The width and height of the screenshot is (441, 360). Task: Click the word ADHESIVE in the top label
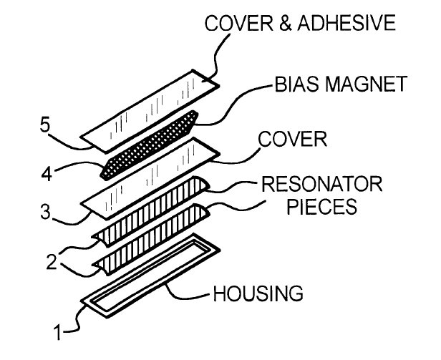pyautogui.click(x=346, y=23)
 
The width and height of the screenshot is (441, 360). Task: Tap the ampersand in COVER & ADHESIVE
pyautogui.click(x=285, y=24)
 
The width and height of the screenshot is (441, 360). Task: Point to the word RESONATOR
pyautogui.click(x=321, y=184)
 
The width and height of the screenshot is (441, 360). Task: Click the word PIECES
pyautogui.click(x=321, y=207)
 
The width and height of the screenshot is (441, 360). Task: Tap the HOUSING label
pyautogui.click(x=258, y=293)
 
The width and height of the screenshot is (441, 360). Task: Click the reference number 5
pyautogui.click(x=45, y=125)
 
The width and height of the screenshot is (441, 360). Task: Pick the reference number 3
pyautogui.click(x=46, y=212)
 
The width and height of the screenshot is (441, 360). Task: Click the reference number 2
pyautogui.click(x=52, y=262)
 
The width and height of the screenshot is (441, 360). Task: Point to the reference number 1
pyautogui.click(x=58, y=332)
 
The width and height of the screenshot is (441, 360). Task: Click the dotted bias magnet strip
pyautogui.click(x=150, y=145)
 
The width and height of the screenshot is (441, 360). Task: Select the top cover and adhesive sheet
pyautogui.click(x=150, y=112)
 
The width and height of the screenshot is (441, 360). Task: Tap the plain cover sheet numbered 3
pyautogui.click(x=150, y=179)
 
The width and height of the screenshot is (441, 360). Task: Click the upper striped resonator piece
pyautogui.click(x=151, y=212)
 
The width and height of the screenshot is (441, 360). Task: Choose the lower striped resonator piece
pyautogui.click(x=151, y=240)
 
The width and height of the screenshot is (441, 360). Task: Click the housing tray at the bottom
pyautogui.click(x=150, y=276)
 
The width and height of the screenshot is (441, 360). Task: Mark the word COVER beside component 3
pyautogui.click(x=293, y=139)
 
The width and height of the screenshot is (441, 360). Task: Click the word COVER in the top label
pyautogui.click(x=239, y=23)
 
